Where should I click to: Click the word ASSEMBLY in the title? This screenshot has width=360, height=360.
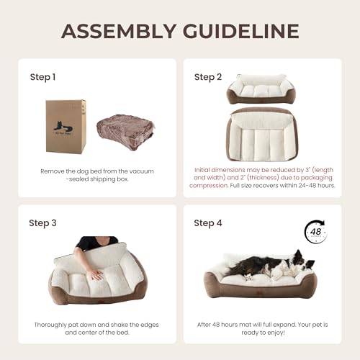tap(119, 31)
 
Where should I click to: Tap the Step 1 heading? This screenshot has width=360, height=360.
tap(42, 77)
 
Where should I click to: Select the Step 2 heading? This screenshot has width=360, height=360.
tap(208, 77)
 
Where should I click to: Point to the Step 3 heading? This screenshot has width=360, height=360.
tap(42, 223)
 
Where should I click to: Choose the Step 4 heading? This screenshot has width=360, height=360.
tap(208, 223)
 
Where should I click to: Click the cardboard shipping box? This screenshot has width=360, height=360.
tap(66, 127)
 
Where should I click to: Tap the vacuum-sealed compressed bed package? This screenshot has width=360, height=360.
tap(126, 132)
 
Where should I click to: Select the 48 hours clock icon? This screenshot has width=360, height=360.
tap(315, 232)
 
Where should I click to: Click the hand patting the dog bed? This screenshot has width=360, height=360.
tap(95, 274)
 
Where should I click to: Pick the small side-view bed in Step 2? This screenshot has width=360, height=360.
tap(261, 89)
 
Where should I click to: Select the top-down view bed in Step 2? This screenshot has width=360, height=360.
tap(261, 135)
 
